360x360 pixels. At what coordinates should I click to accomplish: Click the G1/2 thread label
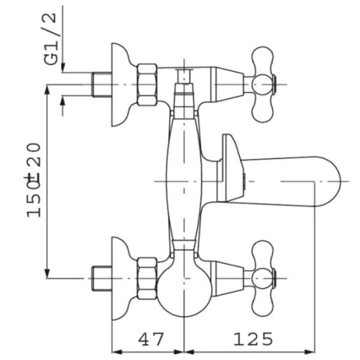tap(50, 39)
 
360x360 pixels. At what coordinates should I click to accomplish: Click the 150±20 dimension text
tap(34, 180)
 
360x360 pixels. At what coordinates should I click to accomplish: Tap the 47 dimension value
tap(151, 340)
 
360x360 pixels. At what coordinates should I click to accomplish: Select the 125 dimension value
tap(253, 340)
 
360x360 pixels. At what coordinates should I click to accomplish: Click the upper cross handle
tap(263, 85)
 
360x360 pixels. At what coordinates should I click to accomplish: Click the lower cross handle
tap(263, 278)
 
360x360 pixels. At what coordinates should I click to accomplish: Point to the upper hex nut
tap(148, 85)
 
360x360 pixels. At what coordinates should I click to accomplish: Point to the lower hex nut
tap(148, 278)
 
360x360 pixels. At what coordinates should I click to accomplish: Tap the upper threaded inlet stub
tap(102, 85)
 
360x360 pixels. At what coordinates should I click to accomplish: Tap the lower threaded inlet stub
tap(102, 278)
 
